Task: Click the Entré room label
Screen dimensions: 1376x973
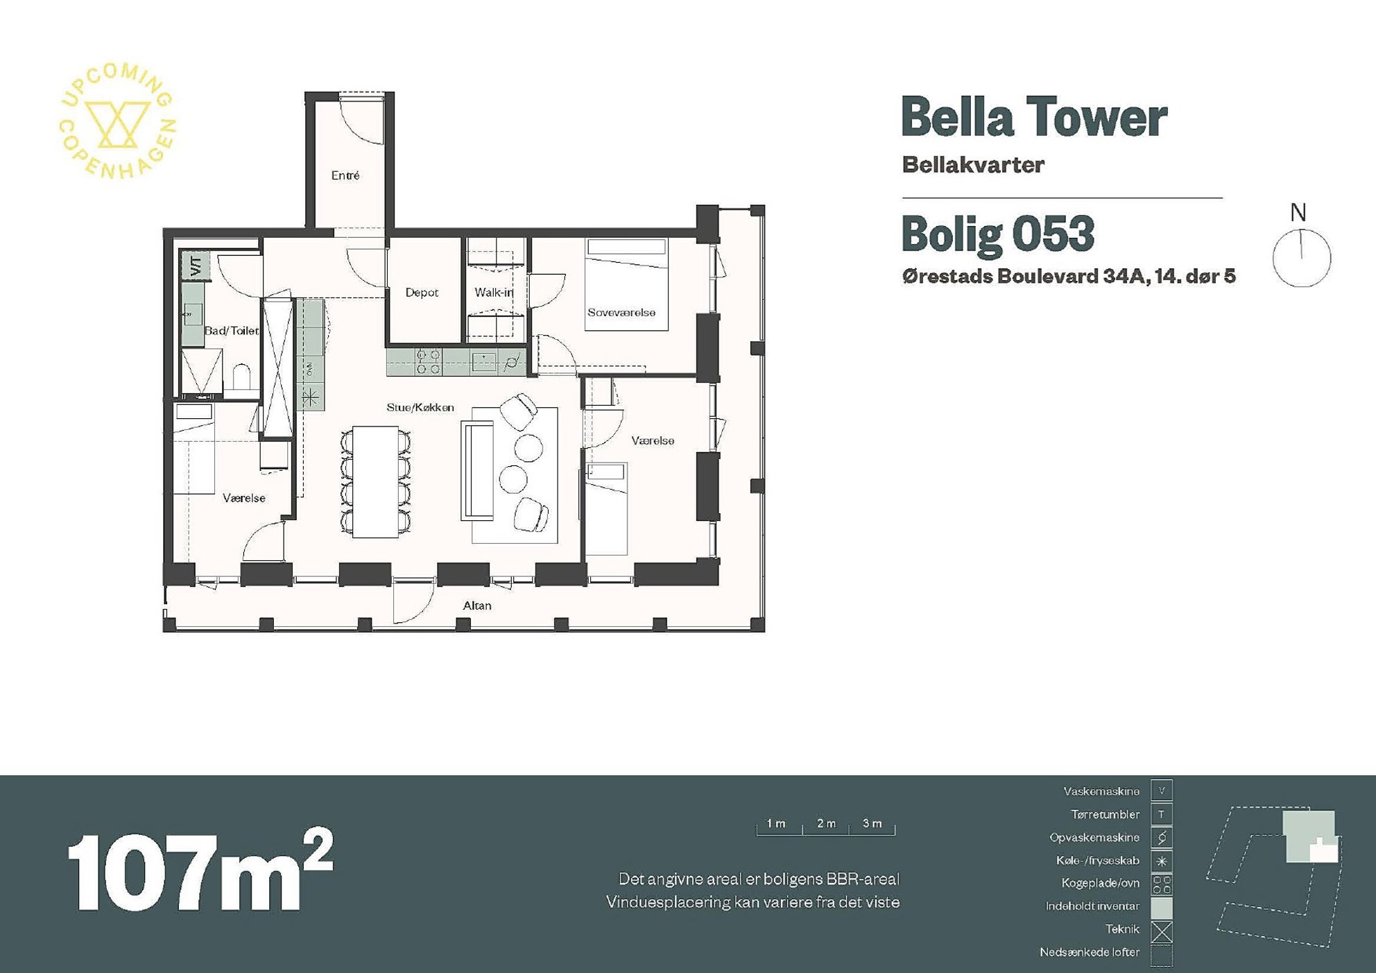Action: pyautogui.click(x=345, y=175)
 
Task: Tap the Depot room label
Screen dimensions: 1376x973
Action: pyautogui.click(x=422, y=293)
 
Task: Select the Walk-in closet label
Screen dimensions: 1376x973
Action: pyautogui.click(x=494, y=293)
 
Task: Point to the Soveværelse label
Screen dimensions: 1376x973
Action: pyautogui.click(x=621, y=313)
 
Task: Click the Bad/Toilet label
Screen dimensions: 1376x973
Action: pyautogui.click(x=232, y=331)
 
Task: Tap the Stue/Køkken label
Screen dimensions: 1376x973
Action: pyautogui.click(x=420, y=407)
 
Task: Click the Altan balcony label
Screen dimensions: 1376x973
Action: pyautogui.click(x=477, y=605)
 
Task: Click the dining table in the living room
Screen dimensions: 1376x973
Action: pyautogui.click(x=375, y=481)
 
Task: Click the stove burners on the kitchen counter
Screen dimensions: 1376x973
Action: pyautogui.click(x=428, y=362)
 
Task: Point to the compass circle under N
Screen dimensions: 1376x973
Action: pyautogui.click(x=1302, y=258)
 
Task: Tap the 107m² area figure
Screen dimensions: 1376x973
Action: pyautogui.click(x=200, y=870)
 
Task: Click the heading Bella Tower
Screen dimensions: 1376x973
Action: pyautogui.click(x=1034, y=117)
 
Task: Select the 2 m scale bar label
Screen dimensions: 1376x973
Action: pyautogui.click(x=826, y=823)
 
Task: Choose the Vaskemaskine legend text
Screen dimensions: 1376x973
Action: pyautogui.click(x=1101, y=791)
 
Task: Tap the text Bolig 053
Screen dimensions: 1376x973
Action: pyautogui.click(x=998, y=234)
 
